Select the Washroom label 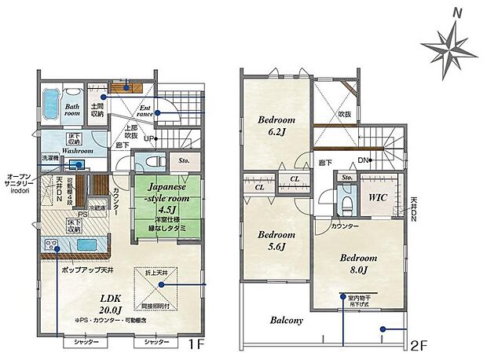coord(62,150)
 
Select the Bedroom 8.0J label coord(359,264)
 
